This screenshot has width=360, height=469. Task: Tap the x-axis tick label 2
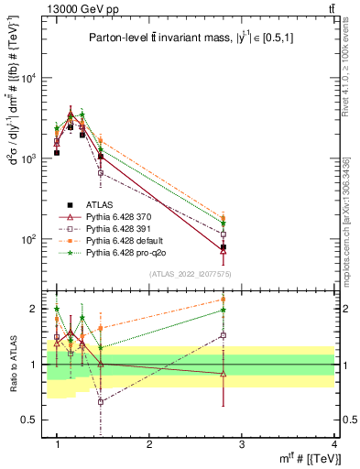(x=149, y=443)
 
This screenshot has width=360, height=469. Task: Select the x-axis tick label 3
(x=242, y=443)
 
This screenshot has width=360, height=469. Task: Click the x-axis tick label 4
(x=333, y=443)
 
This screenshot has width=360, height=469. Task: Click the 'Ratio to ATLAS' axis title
(x=13, y=364)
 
